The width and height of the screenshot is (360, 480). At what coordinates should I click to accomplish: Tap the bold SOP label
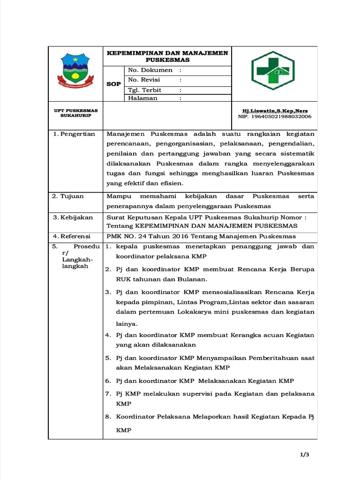tap(113, 84)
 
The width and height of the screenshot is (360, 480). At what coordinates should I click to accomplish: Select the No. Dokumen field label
tap(147, 70)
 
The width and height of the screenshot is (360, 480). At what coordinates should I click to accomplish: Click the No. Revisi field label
tap(144, 80)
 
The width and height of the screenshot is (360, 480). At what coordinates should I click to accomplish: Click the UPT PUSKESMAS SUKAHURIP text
tap(75, 113)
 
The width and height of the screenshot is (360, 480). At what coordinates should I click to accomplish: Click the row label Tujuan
tap(72, 196)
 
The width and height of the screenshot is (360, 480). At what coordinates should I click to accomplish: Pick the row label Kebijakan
tap(76, 217)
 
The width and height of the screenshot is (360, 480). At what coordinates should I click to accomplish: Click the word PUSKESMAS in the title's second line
tap(167, 60)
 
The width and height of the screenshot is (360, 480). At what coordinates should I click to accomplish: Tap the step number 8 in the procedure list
tap(107, 416)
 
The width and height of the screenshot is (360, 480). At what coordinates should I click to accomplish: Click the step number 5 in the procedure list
tap(107, 358)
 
